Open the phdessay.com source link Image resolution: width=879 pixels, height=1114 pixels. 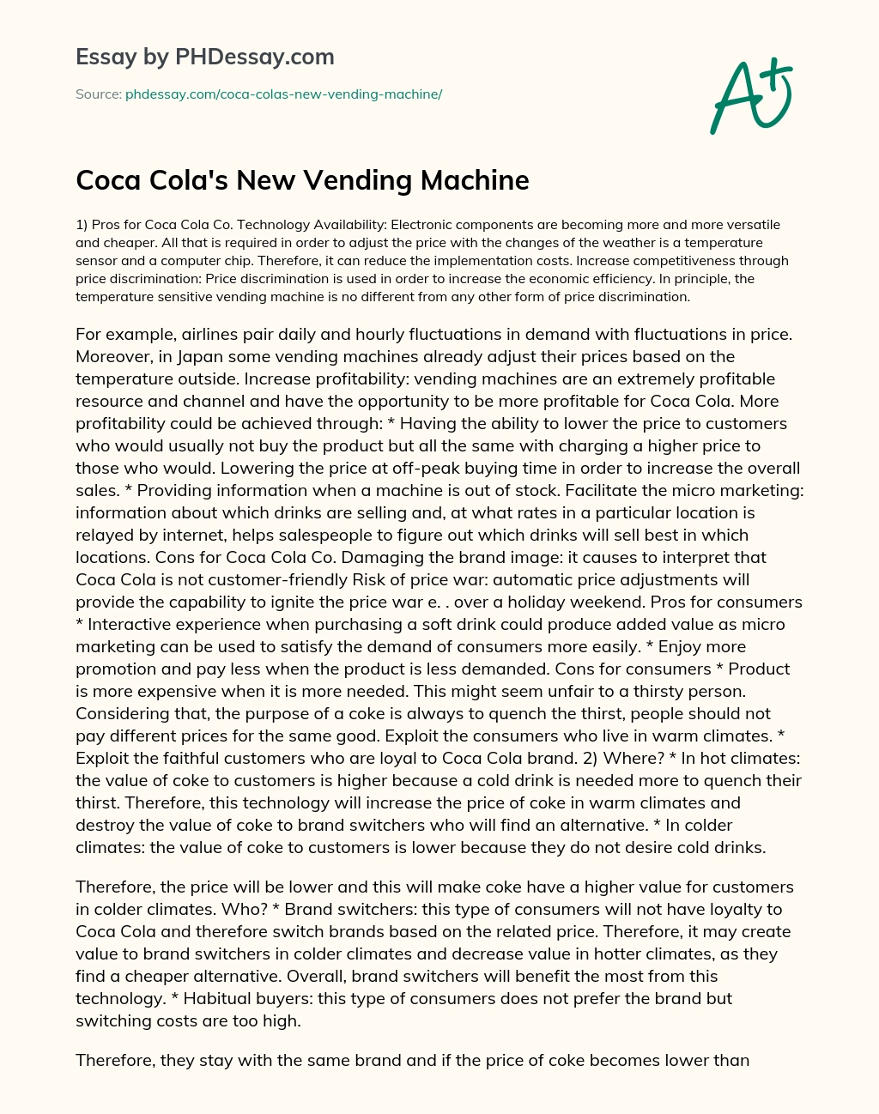coord(283,94)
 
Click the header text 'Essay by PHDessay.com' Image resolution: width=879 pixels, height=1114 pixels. coord(205,58)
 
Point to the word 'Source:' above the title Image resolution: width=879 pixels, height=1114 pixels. coord(98,94)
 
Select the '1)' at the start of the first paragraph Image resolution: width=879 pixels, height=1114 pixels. coord(82,225)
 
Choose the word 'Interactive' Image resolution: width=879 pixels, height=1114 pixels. coord(131,624)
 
